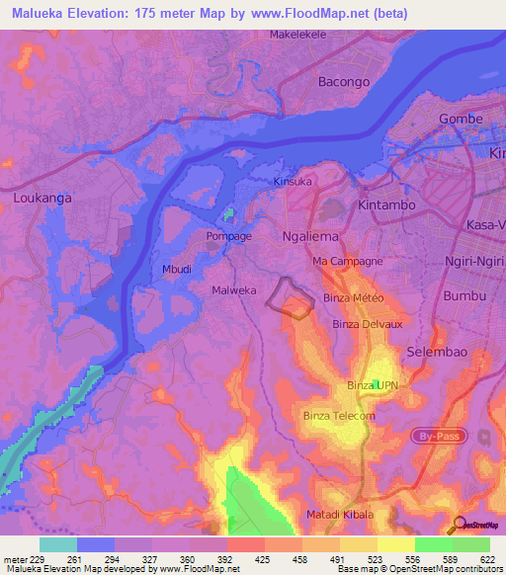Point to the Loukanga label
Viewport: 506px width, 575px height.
pyautogui.click(x=42, y=198)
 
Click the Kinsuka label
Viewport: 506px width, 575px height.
pyautogui.click(x=293, y=182)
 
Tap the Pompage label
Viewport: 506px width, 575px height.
pyautogui.click(x=228, y=236)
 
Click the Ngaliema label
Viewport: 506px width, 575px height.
pyautogui.click(x=310, y=237)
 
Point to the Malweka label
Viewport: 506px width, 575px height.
pyautogui.click(x=234, y=290)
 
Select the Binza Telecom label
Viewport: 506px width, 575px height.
pyautogui.click(x=339, y=416)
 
